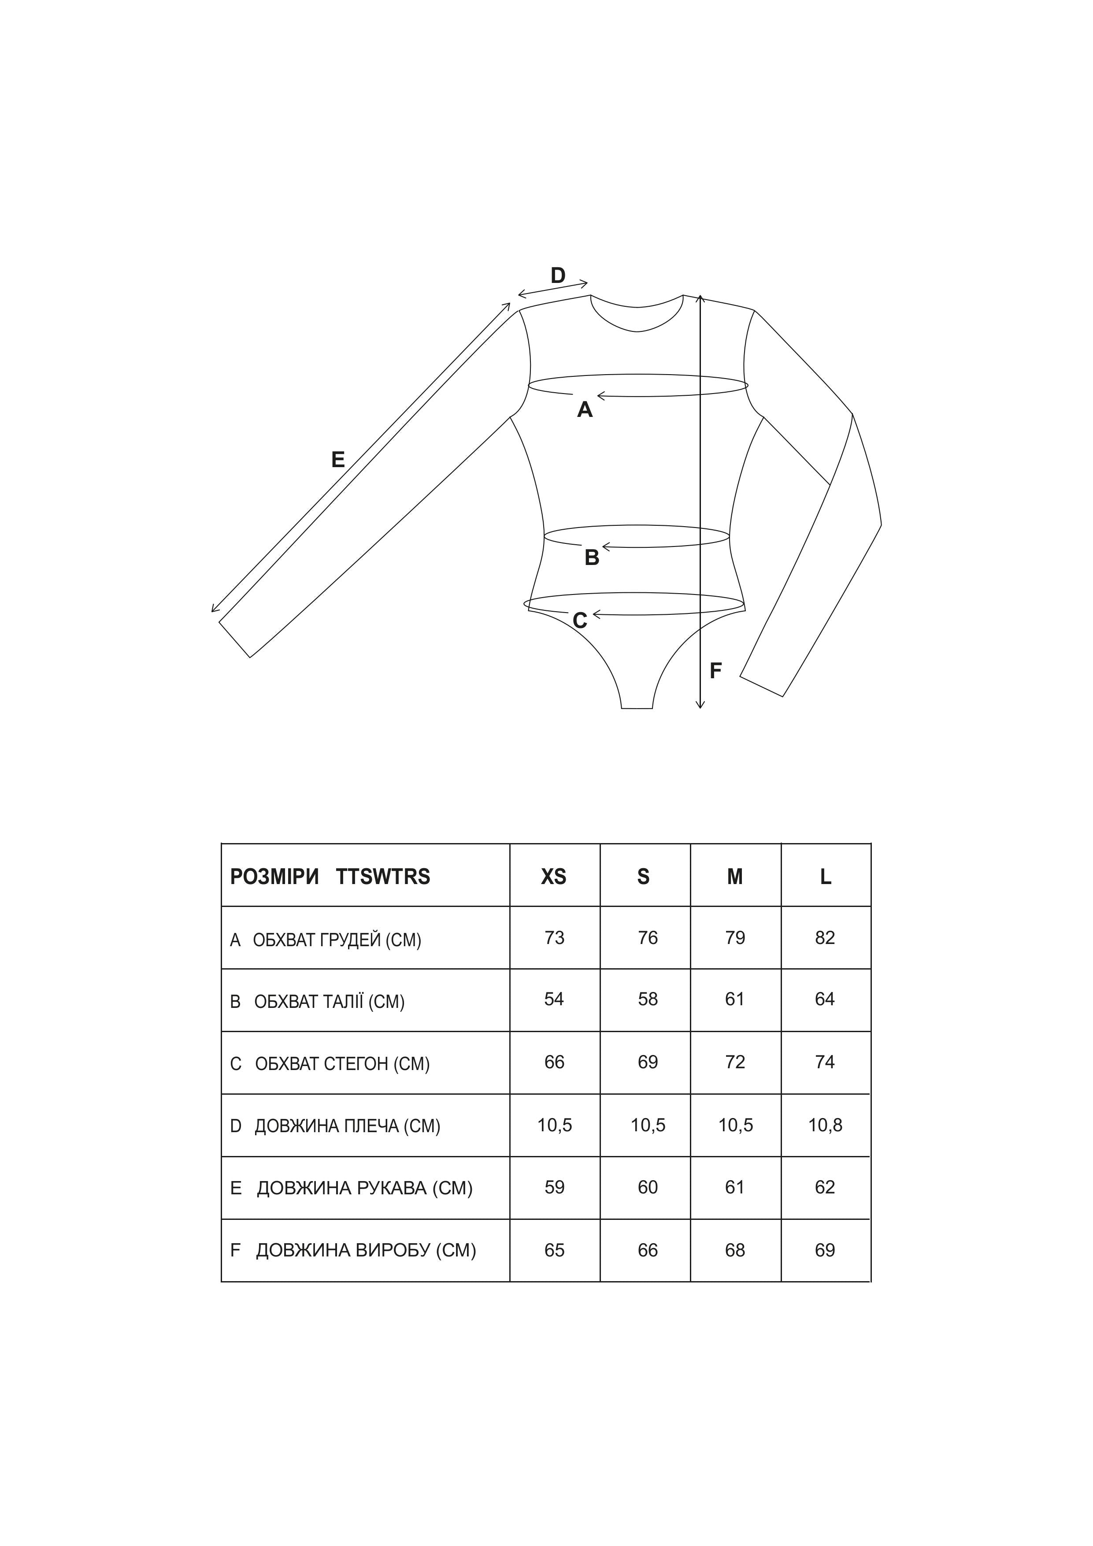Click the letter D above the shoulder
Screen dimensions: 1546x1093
pyautogui.click(x=558, y=275)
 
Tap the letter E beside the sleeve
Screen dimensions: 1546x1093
pyautogui.click(x=338, y=460)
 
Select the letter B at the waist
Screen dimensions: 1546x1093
pyautogui.click(x=592, y=557)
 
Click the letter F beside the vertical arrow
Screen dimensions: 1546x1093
pyautogui.click(x=715, y=671)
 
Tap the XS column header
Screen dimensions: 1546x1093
pyautogui.click(x=554, y=877)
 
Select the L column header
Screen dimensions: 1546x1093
pyautogui.click(x=826, y=877)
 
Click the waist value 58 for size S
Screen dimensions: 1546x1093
pyautogui.click(x=648, y=999)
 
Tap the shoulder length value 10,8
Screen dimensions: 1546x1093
pyautogui.click(x=825, y=1125)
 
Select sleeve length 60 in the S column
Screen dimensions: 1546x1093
pyautogui.click(x=648, y=1187)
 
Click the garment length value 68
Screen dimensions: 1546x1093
pyautogui.click(x=735, y=1250)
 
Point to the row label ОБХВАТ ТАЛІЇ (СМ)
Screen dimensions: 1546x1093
pyautogui.click(x=329, y=1002)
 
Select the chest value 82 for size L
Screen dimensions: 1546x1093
pyautogui.click(x=825, y=938)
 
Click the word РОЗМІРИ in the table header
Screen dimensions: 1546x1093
pyautogui.click(x=274, y=877)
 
